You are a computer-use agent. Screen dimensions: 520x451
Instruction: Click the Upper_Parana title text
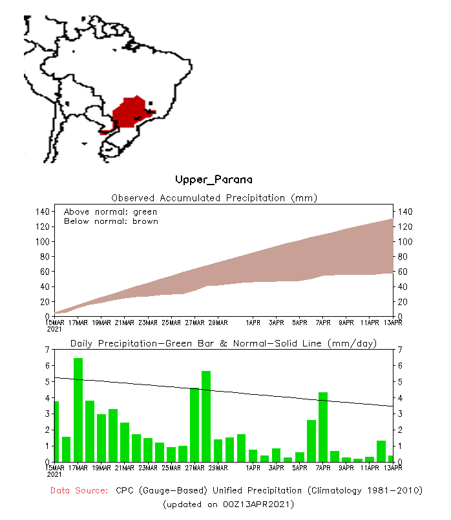pyautogui.click(x=213, y=179)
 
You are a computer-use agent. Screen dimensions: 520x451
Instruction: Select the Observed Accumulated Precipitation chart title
pyautogui.click(x=215, y=198)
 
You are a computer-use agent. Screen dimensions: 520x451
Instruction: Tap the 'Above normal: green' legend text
pyautogui.click(x=110, y=212)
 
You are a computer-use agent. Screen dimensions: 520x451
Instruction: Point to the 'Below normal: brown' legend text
pyautogui.click(x=110, y=221)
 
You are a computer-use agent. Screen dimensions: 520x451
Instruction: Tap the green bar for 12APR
pyautogui.click(x=381, y=450)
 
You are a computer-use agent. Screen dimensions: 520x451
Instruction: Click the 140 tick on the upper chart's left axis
pyautogui.click(x=43, y=212)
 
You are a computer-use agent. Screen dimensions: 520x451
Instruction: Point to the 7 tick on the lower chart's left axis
pyautogui.click(x=48, y=350)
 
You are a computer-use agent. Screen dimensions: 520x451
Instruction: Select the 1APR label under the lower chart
pyautogui.click(x=253, y=467)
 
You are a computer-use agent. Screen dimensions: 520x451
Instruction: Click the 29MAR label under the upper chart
pyautogui.click(x=218, y=322)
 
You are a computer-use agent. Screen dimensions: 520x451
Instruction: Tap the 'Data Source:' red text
pyautogui.click(x=79, y=491)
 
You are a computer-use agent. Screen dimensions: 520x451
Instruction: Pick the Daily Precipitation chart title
pyautogui.click(x=224, y=343)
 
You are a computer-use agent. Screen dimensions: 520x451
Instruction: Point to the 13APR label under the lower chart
pyautogui.click(x=393, y=467)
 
